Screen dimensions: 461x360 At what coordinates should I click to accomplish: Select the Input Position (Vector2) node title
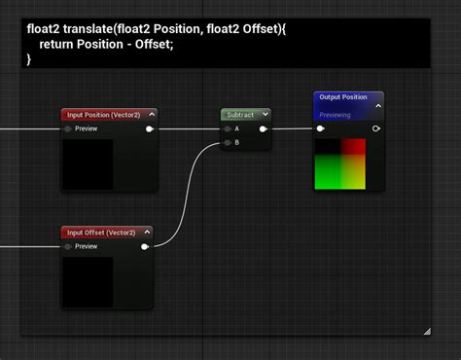pos(106,115)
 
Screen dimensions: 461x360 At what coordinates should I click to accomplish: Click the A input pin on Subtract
pos(228,128)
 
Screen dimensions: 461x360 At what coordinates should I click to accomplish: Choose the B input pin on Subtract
pos(228,142)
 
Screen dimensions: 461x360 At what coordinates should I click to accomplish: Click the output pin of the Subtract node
pos(263,128)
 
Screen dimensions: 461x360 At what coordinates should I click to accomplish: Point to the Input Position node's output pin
pos(149,128)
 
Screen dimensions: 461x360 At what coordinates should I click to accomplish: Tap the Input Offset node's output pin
pos(145,246)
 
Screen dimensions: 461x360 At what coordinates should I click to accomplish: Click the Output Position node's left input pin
pos(321,127)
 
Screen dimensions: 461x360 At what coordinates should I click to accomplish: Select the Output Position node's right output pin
pos(375,127)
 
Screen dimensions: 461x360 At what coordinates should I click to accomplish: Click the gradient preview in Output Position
pos(339,163)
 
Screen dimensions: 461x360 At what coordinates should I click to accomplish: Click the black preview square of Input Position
pos(88,163)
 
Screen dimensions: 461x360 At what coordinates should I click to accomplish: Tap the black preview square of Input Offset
pos(88,281)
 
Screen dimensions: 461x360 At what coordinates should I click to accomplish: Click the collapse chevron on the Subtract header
pos(265,115)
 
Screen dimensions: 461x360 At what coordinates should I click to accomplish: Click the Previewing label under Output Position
pos(336,114)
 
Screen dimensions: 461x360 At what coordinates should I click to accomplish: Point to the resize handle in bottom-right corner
pos(426,332)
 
